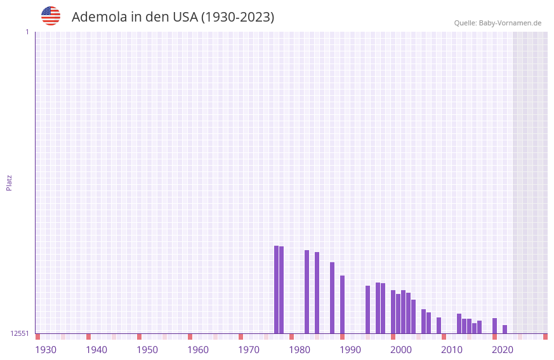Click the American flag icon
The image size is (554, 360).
[51, 16]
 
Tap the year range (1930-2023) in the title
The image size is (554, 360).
[237, 17]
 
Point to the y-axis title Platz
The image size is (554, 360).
[9, 182]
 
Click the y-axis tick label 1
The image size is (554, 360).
[27, 32]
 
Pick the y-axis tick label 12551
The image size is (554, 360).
[20, 333]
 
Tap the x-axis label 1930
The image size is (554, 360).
[46, 350]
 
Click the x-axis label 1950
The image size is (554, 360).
[147, 350]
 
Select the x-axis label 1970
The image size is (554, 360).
[249, 350]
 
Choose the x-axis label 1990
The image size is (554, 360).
[350, 350]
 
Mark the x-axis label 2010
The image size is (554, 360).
[452, 350]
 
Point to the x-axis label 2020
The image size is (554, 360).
[503, 350]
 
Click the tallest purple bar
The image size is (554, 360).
[276, 290]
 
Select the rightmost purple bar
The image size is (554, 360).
[505, 329]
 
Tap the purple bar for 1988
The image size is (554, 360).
[332, 298]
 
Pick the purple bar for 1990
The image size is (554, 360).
[342, 304]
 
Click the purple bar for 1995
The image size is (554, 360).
[367, 309]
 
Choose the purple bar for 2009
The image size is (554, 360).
[439, 325]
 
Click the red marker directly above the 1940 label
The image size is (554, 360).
[88, 337]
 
